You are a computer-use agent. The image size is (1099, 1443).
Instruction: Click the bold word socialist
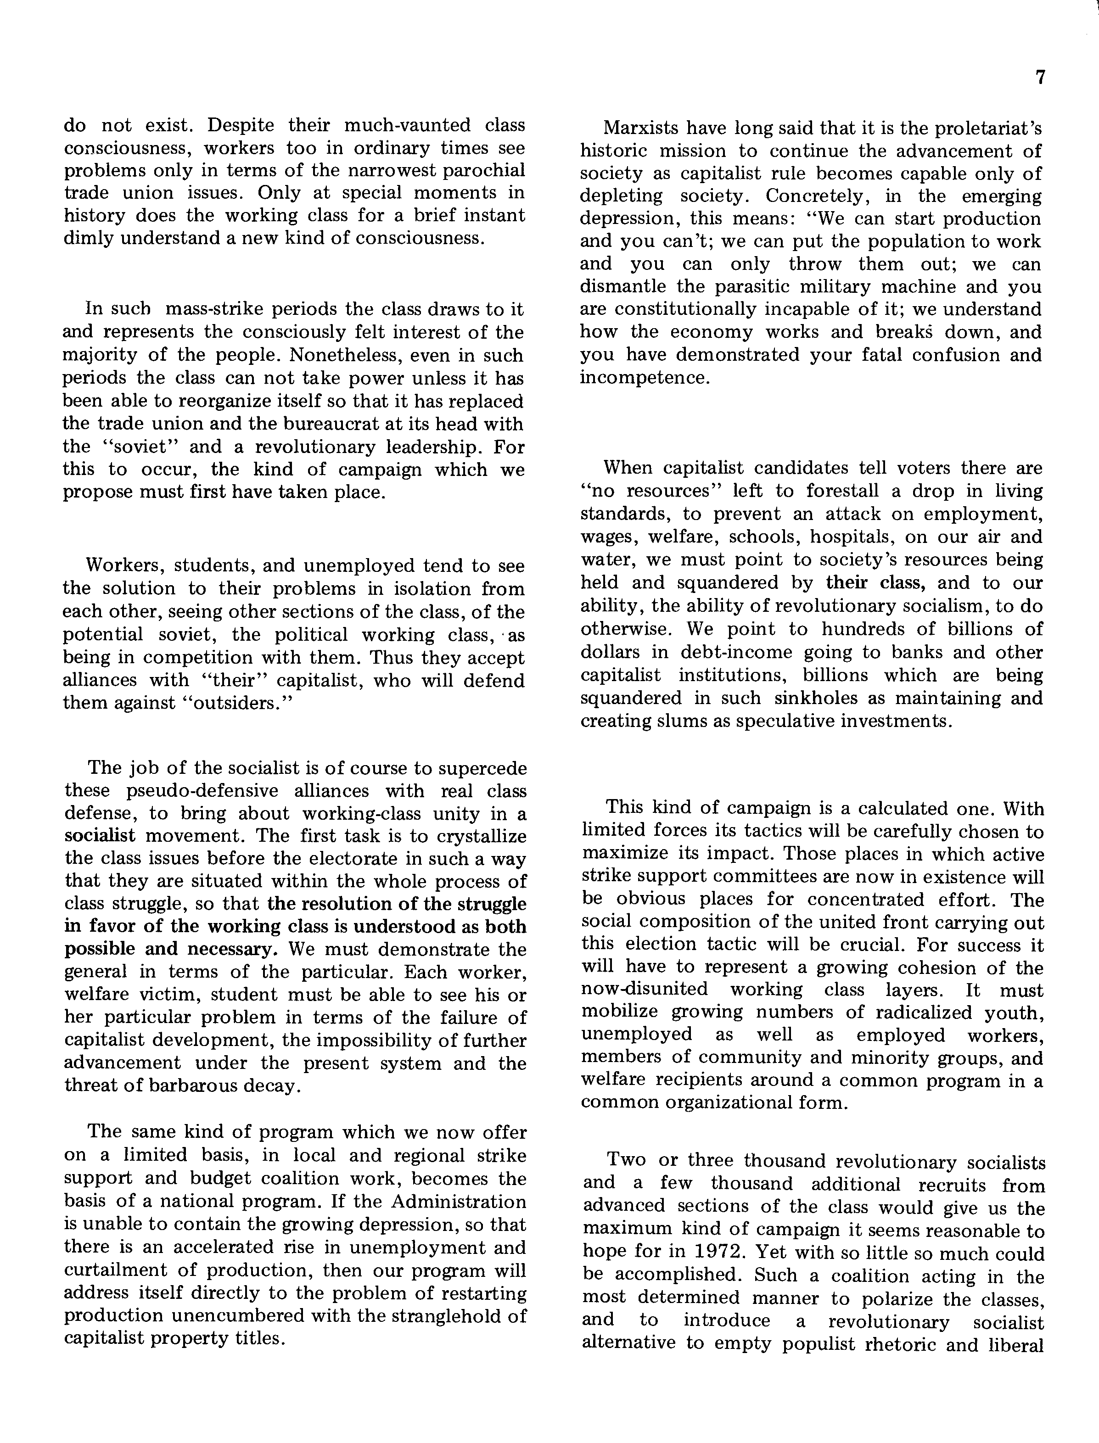100,836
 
